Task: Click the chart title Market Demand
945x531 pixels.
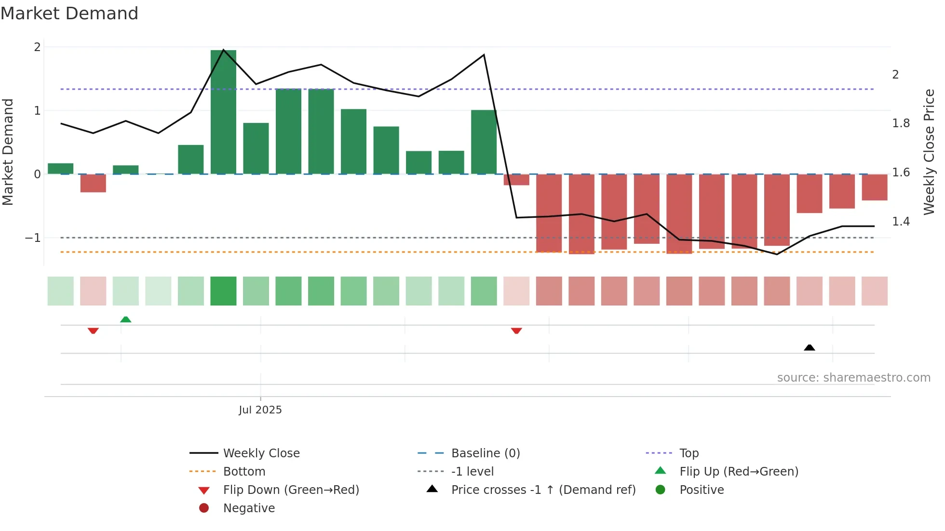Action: pyautogui.click(x=69, y=13)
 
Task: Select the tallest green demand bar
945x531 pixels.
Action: pyautogui.click(x=223, y=112)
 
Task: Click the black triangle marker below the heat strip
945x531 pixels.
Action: pyautogui.click(x=810, y=347)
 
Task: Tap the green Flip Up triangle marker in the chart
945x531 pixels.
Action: pyautogui.click(x=125, y=319)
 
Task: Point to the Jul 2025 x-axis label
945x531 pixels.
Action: pyautogui.click(x=260, y=410)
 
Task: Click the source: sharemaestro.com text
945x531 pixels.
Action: pyautogui.click(x=853, y=377)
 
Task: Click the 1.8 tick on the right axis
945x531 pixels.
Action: pyautogui.click(x=901, y=123)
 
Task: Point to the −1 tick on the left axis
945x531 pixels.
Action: pyautogui.click(x=33, y=238)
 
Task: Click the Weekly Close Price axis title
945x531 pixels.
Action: pyautogui.click(x=929, y=152)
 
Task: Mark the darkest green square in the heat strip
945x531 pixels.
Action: pyautogui.click(x=223, y=291)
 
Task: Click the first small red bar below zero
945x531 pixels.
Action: pyautogui.click(x=93, y=183)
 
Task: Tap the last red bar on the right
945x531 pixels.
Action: pyautogui.click(x=874, y=187)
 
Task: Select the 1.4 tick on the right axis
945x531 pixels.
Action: pyautogui.click(x=901, y=222)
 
